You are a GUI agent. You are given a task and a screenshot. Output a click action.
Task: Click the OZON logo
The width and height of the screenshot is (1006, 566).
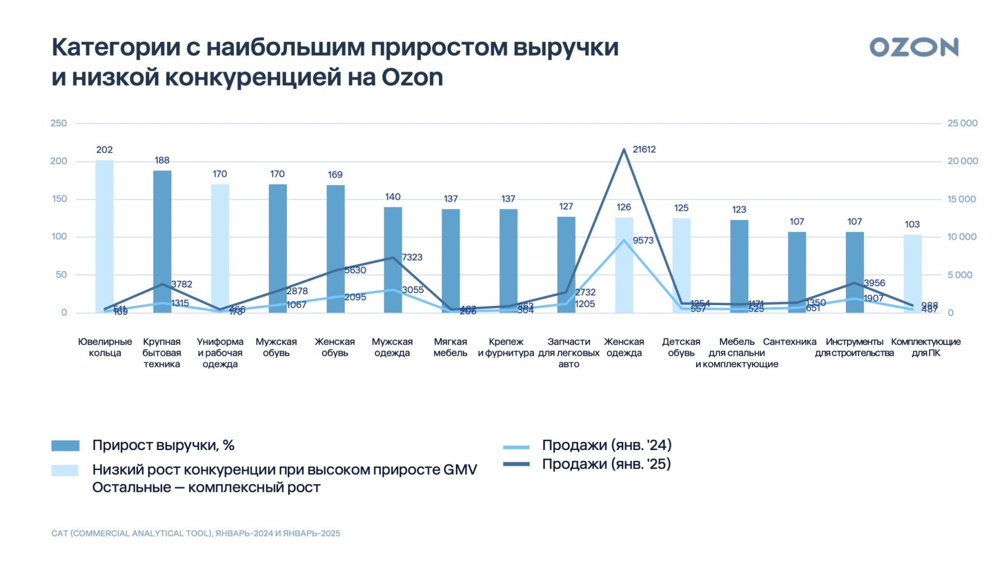click(914, 48)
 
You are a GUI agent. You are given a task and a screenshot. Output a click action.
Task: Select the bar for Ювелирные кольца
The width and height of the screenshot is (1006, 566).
click(104, 236)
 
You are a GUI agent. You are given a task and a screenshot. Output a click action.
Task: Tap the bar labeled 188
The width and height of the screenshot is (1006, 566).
click(162, 241)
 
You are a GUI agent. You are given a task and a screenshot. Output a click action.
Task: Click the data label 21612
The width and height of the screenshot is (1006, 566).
click(644, 149)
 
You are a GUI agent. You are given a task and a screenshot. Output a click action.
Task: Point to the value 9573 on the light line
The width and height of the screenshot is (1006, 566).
click(643, 240)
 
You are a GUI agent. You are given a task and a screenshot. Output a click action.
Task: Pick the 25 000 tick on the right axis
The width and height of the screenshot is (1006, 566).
click(962, 123)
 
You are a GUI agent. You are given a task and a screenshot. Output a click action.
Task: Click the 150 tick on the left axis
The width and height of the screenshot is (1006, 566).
click(58, 199)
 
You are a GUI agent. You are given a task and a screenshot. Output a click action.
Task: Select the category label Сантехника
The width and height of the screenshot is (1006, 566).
click(789, 342)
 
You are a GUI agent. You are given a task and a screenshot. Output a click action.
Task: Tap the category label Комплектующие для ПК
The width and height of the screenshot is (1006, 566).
click(925, 347)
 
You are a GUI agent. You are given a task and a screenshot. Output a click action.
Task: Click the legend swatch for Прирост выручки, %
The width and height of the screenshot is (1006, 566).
click(65, 446)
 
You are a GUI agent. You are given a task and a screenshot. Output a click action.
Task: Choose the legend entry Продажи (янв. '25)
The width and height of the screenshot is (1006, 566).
click(606, 464)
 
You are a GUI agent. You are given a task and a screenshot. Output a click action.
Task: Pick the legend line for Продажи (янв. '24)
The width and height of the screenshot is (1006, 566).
click(516, 447)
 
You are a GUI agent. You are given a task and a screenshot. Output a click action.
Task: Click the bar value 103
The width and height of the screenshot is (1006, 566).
click(912, 225)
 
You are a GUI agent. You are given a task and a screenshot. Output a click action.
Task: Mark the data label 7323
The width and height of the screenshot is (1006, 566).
click(412, 257)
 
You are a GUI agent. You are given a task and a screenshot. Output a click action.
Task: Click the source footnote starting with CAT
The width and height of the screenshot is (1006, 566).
click(196, 534)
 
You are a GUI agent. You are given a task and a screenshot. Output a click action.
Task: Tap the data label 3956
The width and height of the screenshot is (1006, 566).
click(874, 283)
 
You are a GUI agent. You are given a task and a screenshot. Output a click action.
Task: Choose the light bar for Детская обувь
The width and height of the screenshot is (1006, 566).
click(681, 265)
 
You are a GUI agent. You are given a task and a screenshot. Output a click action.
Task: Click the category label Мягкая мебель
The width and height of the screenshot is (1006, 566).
click(450, 347)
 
